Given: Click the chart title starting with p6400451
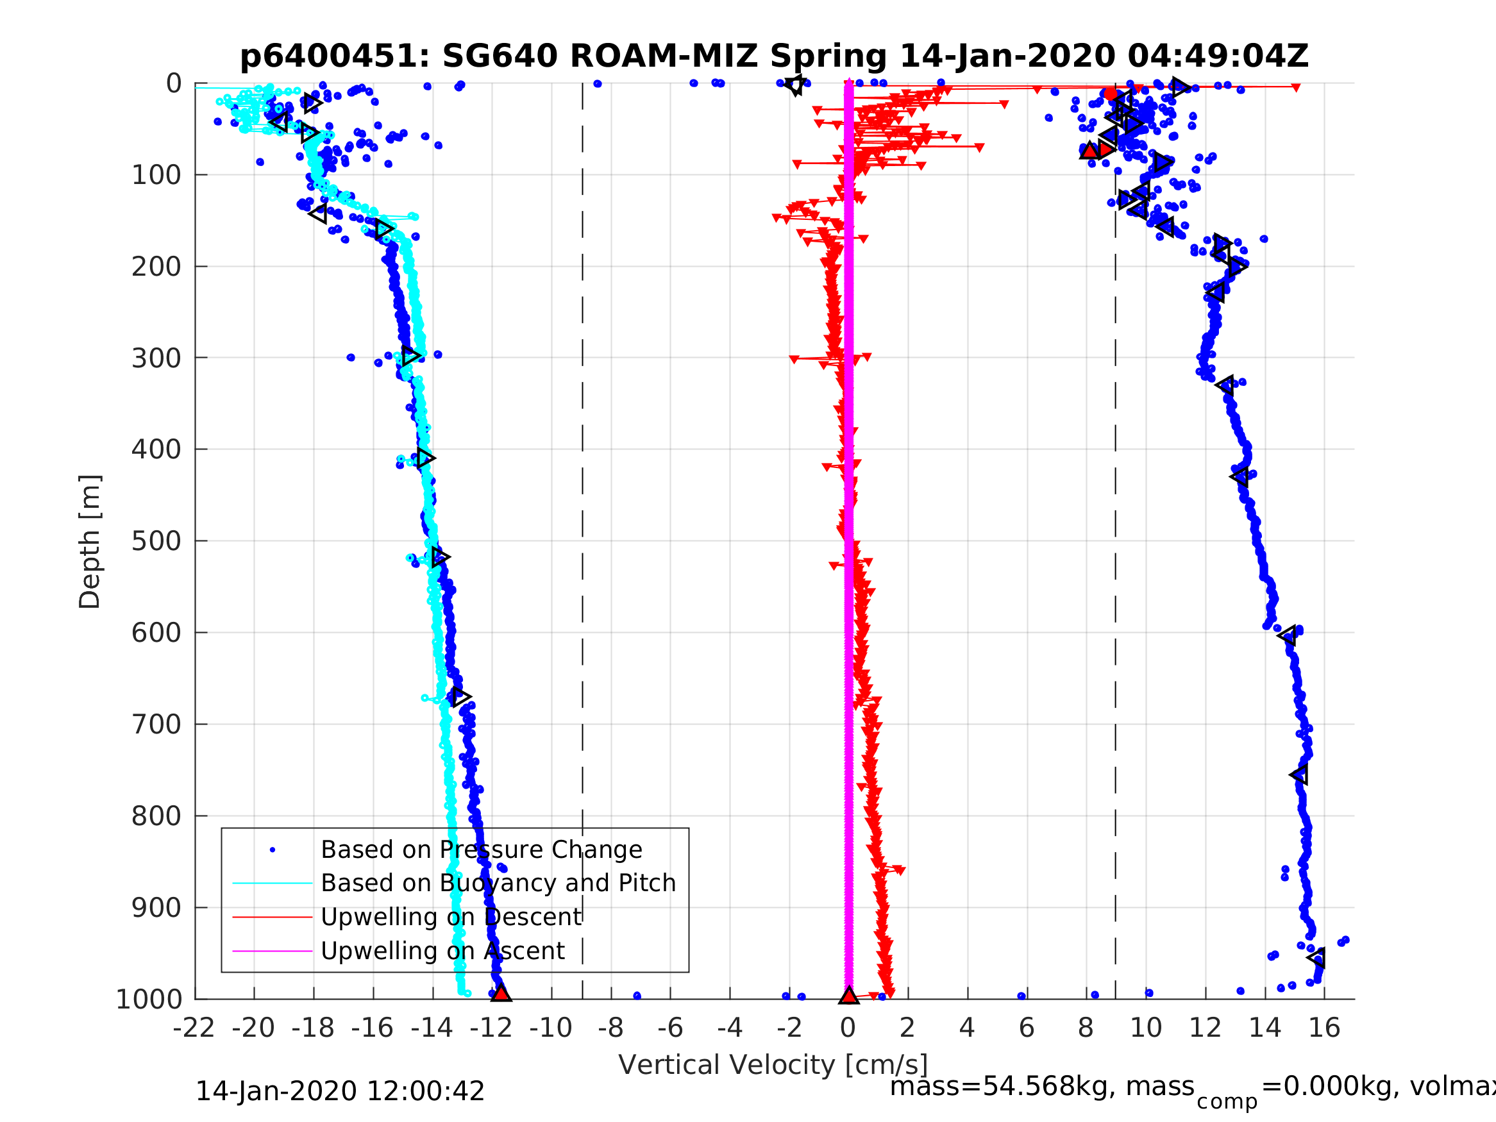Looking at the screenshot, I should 774,56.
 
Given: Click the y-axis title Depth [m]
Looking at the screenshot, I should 90,542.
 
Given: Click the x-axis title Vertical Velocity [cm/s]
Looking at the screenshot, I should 773,1064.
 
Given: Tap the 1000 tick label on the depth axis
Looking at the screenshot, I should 149,1000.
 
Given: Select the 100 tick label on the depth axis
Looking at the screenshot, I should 156,176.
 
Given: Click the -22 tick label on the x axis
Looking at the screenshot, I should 194,1028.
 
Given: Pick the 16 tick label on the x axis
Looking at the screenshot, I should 1324,1028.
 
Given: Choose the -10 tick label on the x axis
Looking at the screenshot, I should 551,1028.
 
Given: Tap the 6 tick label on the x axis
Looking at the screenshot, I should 1027,1028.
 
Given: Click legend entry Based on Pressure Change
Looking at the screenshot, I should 481,850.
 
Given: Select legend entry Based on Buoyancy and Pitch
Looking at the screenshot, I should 498,883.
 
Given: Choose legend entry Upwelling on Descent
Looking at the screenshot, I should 450,917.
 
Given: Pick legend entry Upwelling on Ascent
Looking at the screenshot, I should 442,951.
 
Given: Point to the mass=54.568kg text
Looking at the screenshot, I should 1041,1087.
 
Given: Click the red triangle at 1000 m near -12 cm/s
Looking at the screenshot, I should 500,994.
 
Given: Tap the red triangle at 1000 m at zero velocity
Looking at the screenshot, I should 849,996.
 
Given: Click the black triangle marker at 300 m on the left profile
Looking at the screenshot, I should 410,355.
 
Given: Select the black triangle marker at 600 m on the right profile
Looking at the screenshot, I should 1287,635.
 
